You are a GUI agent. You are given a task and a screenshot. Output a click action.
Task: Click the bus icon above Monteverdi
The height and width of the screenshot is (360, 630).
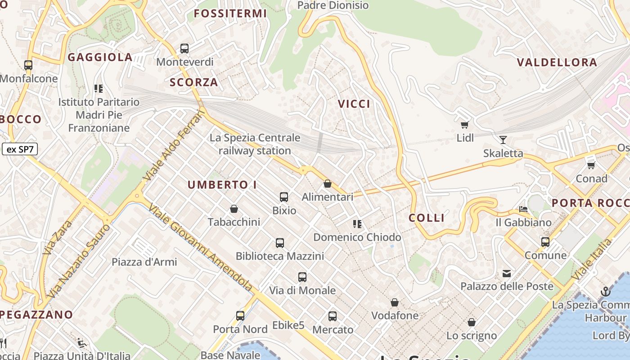point(184,49)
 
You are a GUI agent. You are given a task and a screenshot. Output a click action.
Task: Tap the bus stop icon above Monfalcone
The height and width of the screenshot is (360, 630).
point(28,65)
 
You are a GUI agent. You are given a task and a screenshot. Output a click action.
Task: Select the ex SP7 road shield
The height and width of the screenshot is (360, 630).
point(20,149)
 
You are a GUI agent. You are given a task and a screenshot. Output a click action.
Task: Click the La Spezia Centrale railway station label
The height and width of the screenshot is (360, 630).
point(255,144)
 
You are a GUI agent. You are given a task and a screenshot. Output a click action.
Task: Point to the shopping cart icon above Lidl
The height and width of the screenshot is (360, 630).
point(464,125)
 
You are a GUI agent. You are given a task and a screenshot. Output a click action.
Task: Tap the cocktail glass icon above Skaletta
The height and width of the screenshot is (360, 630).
point(503,140)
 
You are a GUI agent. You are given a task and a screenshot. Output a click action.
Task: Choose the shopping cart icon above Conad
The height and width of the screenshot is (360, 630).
point(591,165)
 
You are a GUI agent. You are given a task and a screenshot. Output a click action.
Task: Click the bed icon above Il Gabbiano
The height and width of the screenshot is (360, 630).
point(523,209)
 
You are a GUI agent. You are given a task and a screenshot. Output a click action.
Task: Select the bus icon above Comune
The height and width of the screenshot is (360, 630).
point(545,242)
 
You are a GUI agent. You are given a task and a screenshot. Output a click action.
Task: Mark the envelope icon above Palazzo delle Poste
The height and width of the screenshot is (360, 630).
point(507,273)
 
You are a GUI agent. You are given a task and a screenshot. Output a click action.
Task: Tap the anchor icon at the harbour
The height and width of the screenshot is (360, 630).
point(605,292)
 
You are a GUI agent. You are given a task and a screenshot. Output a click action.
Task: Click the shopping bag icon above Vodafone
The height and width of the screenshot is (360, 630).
point(395,302)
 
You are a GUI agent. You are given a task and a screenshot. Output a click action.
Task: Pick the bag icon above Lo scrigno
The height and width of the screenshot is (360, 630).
point(471,322)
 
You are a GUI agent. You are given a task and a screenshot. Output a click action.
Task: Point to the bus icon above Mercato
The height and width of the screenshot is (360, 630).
point(333,316)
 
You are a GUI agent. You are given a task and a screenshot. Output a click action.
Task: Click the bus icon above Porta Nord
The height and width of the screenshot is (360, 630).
point(240,316)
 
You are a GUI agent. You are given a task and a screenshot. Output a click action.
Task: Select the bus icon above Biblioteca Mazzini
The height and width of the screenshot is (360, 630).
point(279,243)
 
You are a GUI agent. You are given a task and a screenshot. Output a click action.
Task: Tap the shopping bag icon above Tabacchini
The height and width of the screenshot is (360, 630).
point(234,209)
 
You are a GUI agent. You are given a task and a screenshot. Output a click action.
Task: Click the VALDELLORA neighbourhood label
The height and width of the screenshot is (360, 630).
point(557,63)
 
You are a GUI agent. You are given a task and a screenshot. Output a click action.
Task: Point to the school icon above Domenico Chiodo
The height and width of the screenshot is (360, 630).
point(357,224)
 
